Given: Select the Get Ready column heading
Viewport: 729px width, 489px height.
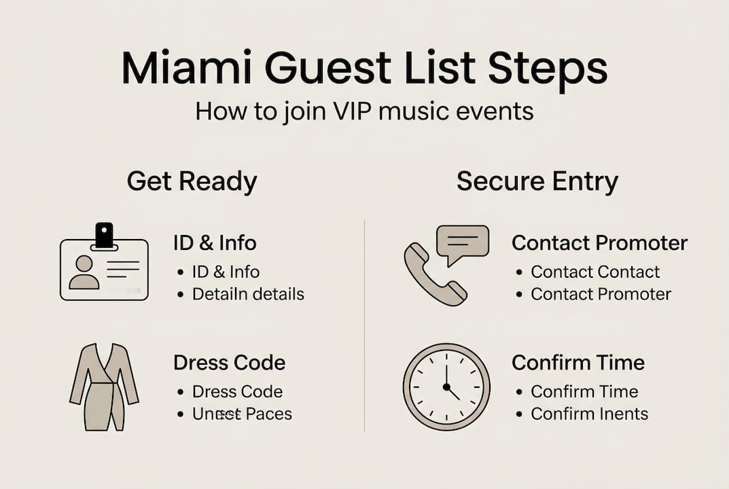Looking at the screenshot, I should coord(192,182).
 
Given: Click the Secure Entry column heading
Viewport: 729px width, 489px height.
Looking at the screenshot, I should coord(537,182).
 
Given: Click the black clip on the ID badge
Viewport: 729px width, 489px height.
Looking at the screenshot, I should coord(104,235).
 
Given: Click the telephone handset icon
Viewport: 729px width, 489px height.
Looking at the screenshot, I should coord(433,274).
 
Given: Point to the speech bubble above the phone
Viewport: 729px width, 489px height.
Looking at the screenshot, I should coord(463,243).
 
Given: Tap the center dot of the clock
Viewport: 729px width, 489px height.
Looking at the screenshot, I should coord(446,386).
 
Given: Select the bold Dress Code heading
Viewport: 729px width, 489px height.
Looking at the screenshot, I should coord(230,362).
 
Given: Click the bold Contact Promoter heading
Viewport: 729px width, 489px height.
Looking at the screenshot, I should coord(599,243).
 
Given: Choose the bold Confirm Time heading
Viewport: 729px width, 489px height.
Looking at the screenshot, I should coord(577,362).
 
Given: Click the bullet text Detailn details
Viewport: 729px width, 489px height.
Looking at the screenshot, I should coord(248,294).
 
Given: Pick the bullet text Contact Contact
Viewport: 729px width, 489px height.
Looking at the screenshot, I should coord(595,272).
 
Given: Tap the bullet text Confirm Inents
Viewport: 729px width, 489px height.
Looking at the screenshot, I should coord(590,414).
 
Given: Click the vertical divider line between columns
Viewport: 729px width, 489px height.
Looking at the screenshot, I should coord(365,326).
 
